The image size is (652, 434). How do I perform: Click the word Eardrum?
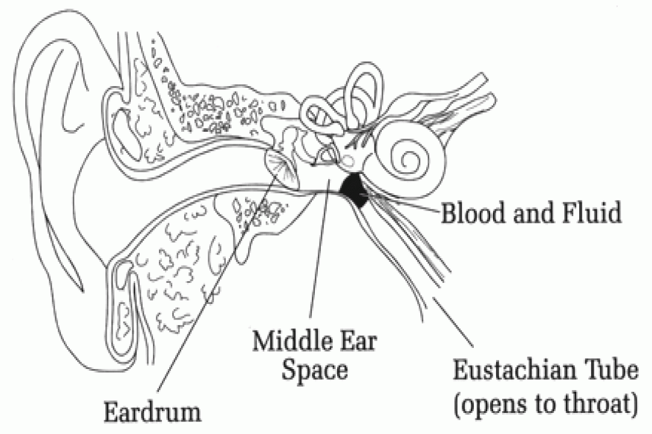[x=152, y=412]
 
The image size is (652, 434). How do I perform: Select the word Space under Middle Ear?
[x=314, y=371]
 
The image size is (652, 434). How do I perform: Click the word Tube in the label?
[x=610, y=370]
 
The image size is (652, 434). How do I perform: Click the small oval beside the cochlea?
[x=348, y=160]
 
